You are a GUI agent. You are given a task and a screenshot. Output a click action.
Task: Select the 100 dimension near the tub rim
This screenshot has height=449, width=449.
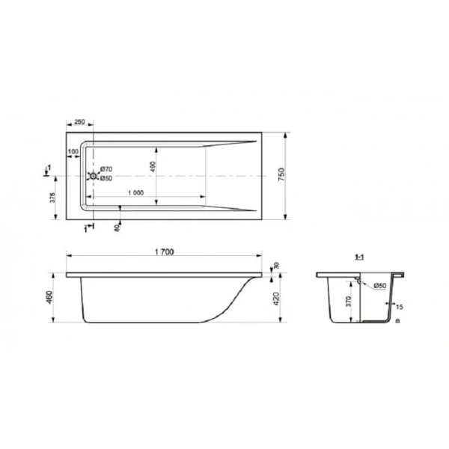click(73, 152)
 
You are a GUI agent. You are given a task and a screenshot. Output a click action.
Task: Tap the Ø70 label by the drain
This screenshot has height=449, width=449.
click(106, 169)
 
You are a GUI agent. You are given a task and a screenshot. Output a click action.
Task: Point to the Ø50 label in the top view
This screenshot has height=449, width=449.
click(106, 178)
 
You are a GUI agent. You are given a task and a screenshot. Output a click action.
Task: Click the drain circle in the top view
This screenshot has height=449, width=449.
click(94, 177)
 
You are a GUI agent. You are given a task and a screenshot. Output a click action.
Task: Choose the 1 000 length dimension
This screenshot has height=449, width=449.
click(135, 192)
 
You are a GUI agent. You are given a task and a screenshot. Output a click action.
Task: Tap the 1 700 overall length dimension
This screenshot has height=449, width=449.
click(164, 253)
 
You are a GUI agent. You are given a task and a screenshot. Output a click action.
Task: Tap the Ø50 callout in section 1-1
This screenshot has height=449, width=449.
click(380, 285)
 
